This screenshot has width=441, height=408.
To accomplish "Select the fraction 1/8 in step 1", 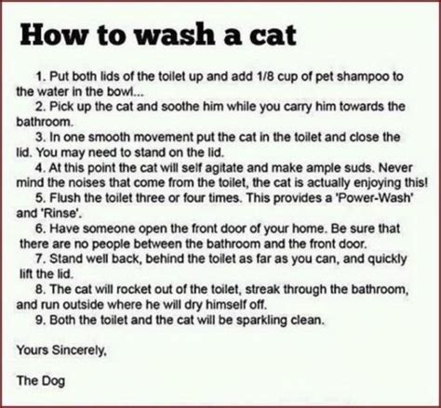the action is click(x=264, y=76).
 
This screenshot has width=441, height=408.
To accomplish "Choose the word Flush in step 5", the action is click(x=64, y=198).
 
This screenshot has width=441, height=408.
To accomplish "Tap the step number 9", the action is click(x=39, y=320).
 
